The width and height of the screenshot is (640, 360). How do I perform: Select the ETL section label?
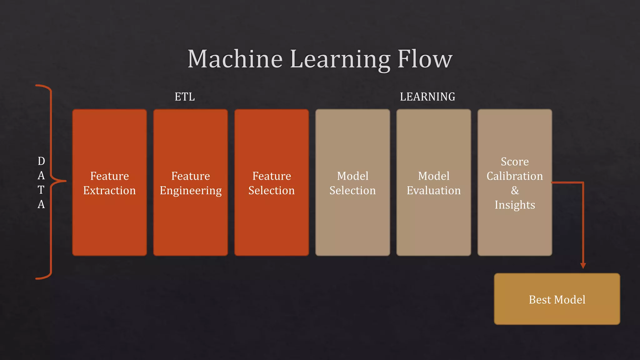(185, 97)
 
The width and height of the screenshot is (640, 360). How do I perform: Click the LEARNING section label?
(427, 97)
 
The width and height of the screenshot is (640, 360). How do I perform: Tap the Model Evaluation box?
(434, 219)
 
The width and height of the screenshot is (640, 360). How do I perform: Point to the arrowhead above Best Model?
(583, 266)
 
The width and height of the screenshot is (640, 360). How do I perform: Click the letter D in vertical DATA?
(41, 161)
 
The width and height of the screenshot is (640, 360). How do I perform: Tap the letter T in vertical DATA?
(41, 190)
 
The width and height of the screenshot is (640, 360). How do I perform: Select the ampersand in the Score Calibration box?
(515, 190)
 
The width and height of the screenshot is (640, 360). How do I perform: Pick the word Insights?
(515, 205)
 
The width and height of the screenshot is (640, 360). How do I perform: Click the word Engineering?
(191, 191)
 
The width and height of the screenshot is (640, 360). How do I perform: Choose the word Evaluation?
(434, 191)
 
